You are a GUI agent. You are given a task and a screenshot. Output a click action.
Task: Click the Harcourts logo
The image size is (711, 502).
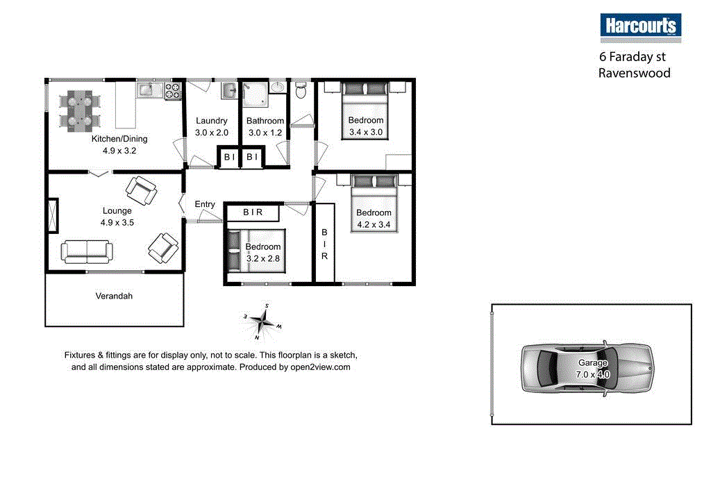click(x=640, y=26)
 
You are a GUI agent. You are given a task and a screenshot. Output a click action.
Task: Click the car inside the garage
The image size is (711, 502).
click(x=587, y=368)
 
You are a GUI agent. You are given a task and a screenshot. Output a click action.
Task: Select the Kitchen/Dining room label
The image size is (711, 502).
click(x=119, y=139)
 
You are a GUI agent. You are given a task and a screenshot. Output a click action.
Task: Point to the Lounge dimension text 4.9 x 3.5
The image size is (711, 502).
click(x=117, y=223)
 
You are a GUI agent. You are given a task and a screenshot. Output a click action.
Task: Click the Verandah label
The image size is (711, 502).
click(x=114, y=296)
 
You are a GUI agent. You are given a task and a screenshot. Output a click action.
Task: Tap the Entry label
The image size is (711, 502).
click(x=205, y=204)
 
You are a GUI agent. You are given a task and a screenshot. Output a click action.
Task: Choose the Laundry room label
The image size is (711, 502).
click(x=211, y=121)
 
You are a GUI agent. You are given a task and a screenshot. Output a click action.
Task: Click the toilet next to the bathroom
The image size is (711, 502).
click(x=301, y=91)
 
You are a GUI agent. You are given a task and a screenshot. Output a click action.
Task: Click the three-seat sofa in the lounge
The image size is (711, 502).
click(x=87, y=251)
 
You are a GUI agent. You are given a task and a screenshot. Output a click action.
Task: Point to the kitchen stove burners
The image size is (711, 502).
click(x=172, y=90)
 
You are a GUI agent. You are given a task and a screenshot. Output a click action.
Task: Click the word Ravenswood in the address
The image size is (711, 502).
click(x=634, y=73)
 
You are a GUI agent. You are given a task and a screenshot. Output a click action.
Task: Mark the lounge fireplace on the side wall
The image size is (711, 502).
click(x=53, y=215)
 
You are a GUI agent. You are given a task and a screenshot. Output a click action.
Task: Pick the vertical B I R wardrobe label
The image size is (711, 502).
click(x=324, y=244)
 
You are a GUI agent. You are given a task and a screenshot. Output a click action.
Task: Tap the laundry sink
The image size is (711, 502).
click(x=230, y=90)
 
